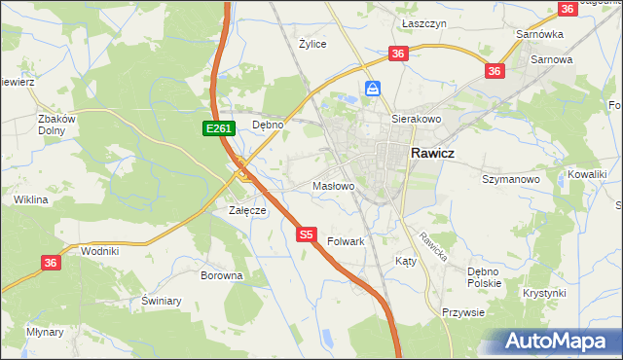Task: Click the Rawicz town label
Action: tap(435, 152)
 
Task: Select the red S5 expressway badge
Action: tap(307, 234)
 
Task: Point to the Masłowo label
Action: tap(333, 185)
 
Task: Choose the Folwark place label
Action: tap(346, 240)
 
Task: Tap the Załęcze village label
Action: tap(247, 210)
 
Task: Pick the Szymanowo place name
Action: tap(511, 179)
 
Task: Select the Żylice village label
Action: tap(312, 44)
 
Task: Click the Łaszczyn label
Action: tap(423, 21)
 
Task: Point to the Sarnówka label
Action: tap(540, 34)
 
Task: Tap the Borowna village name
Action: tap(221, 275)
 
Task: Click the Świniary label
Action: tap(162, 301)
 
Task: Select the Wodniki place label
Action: tap(100, 251)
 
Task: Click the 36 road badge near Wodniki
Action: tap(52, 262)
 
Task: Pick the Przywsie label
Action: tap(463, 312)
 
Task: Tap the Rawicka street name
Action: tap(432, 250)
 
